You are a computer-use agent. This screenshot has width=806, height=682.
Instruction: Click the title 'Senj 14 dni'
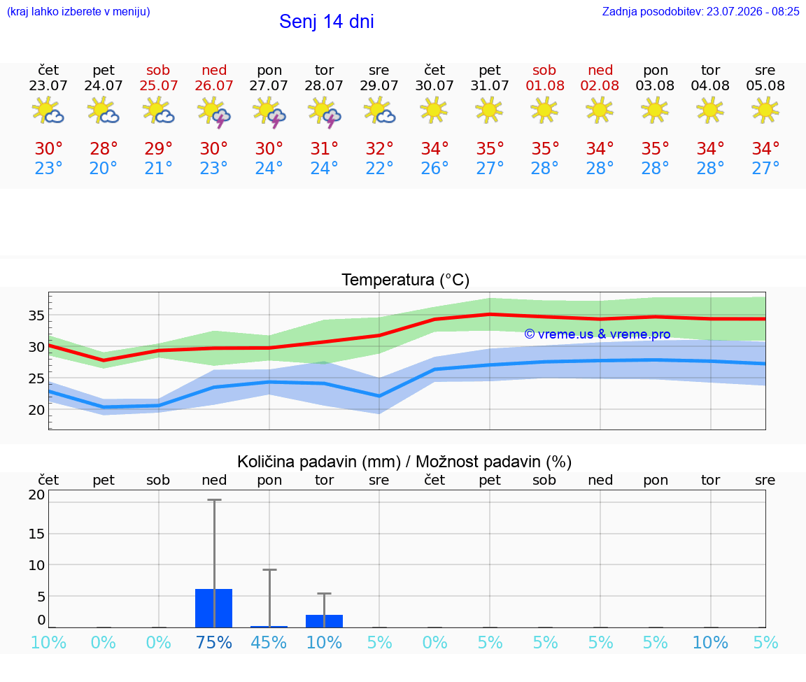click(327, 22)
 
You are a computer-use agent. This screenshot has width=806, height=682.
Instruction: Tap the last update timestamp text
click(700, 12)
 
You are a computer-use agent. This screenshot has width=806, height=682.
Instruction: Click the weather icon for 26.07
click(214, 111)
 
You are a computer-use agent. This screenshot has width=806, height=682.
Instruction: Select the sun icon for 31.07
click(489, 111)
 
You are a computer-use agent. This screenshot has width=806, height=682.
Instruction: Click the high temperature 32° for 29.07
click(379, 148)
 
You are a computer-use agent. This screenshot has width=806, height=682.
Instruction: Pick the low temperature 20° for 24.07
click(104, 168)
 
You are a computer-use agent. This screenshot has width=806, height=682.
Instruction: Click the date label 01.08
click(545, 86)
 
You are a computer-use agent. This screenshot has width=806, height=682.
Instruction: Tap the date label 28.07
click(324, 86)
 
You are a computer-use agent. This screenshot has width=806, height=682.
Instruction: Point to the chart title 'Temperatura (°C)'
click(406, 280)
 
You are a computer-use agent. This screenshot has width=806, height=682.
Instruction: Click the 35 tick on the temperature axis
click(36, 315)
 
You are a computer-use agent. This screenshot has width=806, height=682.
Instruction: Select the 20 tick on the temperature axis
click(36, 410)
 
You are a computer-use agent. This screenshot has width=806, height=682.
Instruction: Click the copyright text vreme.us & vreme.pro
click(598, 334)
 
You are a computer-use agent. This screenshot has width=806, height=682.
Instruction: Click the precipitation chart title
click(404, 462)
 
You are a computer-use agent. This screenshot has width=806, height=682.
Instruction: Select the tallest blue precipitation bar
click(214, 608)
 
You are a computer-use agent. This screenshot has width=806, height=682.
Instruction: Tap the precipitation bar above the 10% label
click(325, 621)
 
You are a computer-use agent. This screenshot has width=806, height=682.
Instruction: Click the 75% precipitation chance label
click(214, 642)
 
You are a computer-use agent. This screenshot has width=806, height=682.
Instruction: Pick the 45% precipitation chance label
click(269, 642)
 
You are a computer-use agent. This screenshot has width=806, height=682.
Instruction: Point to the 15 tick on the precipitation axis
click(36, 534)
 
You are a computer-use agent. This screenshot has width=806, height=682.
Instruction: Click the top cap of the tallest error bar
click(214, 499)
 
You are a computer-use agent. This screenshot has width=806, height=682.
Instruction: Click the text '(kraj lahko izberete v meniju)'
click(78, 12)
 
